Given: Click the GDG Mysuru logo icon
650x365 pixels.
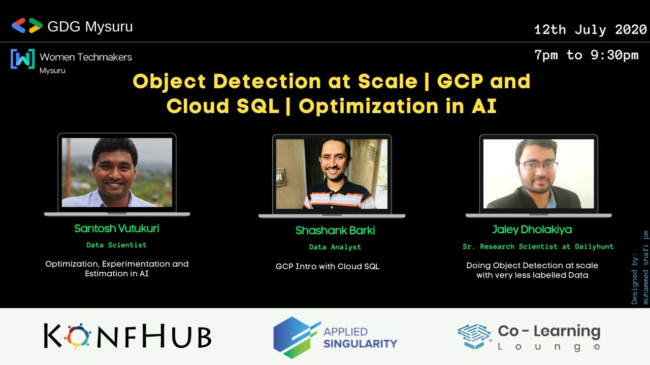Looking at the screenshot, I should tap(27, 26).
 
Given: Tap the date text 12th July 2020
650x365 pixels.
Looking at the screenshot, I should tap(590, 30).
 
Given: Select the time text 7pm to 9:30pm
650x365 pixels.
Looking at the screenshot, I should tap(587, 55).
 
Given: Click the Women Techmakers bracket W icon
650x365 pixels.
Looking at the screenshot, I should tap(22, 59).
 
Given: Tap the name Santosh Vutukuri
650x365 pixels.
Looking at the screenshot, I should tap(117, 228).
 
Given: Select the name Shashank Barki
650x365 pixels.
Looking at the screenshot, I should tap(335, 231).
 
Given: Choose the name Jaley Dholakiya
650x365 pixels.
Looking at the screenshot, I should tap(532, 230).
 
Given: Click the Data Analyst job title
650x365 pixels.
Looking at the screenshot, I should tap(335, 247).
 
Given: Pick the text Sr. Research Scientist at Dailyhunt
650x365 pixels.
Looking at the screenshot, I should tap(538, 246).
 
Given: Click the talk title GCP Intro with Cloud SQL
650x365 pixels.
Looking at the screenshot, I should tap(328, 266).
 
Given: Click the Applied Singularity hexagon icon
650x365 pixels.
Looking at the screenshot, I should tap(296, 337).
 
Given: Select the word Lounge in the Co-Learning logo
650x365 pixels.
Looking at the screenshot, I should tap(549, 347).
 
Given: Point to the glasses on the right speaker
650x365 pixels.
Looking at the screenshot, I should tap(538, 165).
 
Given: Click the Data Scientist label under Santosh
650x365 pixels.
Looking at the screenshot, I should tap(116, 245).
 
